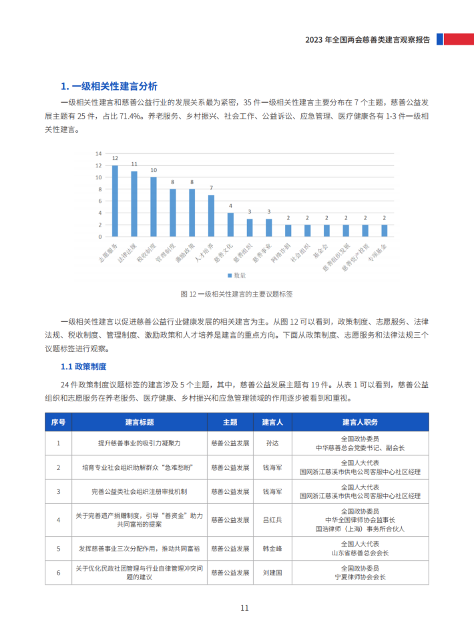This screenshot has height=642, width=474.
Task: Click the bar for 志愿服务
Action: click(x=115, y=201)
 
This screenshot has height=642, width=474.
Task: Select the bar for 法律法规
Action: click(x=134, y=205)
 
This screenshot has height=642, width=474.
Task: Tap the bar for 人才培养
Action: click(x=211, y=216)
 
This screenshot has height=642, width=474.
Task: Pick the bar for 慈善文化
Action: click(x=230, y=225)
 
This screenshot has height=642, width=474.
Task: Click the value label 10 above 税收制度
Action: click(x=154, y=170)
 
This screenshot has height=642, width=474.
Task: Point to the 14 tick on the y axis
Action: click(x=98, y=153)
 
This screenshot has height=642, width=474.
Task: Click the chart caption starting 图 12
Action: click(x=237, y=293)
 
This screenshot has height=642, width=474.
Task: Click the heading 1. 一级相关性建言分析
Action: click(x=109, y=86)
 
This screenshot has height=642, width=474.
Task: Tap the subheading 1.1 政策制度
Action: click(x=83, y=367)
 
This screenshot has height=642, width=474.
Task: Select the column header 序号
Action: click(x=59, y=422)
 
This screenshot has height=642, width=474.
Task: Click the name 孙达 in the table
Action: click(x=272, y=443)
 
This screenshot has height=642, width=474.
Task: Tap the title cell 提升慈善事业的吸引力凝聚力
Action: click(x=139, y=443)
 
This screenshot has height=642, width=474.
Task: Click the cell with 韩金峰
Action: click(x=272, y=549)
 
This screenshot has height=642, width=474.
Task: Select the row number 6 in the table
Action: click(x=59, y=573)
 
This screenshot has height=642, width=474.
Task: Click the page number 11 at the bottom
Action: click(x=244, y=608)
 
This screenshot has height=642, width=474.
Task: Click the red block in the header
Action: click(x=460, y=39)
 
